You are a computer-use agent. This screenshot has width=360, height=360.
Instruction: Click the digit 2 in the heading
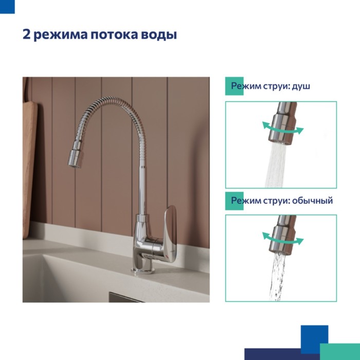click(x=26, y=34)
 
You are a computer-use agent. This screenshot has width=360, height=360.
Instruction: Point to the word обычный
click(x=313, y=201)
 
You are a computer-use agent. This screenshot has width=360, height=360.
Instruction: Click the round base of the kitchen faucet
click(x=143, y=271)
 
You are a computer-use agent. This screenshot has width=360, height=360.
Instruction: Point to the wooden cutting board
click(x=30, y=170)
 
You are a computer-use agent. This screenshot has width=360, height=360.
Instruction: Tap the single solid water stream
click(x=278, y=277)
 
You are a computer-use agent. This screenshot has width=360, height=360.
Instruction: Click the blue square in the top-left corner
click(x=7, y=7)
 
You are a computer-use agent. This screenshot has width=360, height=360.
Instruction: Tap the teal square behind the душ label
click(x=234, y=86)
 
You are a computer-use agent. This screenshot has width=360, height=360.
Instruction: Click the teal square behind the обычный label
click(x=234, y=201)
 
